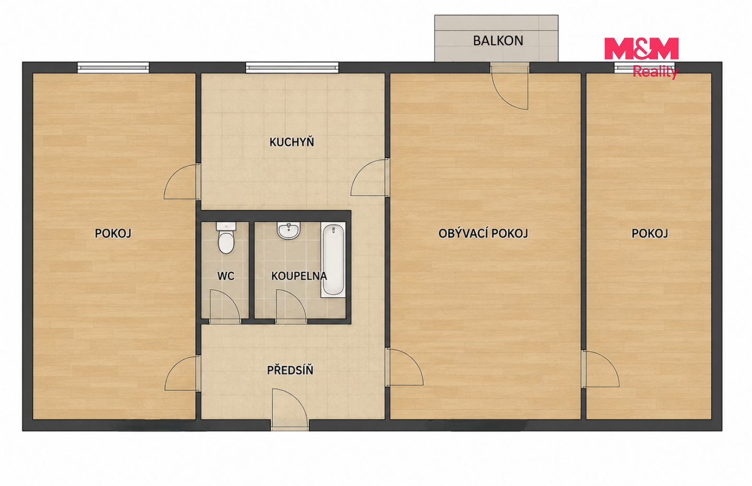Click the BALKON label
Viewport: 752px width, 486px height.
tap(498, 41)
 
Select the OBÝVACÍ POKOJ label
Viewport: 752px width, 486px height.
tap(483, 233)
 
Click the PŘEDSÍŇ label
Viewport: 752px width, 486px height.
tap(290, 370)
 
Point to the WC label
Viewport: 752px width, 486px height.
tap(226, 276)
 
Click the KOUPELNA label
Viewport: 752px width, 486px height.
tap(299, 276)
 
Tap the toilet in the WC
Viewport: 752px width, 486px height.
tap(226, 238)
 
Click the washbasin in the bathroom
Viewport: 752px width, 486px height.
tap(288, 230)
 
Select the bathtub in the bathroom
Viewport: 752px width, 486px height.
tap(333, 259)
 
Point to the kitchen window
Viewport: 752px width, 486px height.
tap(292, 68)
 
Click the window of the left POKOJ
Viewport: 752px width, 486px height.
tap(113, 68)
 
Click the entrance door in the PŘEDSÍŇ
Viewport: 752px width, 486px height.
tap(289, 409)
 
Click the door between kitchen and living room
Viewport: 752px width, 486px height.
tap(370, 178)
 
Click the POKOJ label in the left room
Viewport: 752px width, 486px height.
tap(113, 233)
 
